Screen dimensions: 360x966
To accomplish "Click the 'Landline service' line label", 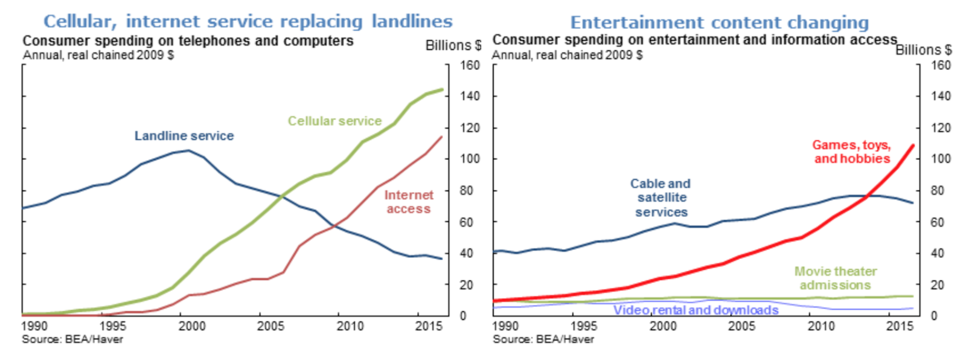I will [x=184, y=136].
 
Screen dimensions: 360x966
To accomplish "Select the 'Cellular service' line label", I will [x=334, y=121].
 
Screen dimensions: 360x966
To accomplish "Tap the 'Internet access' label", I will [x=409, y=202].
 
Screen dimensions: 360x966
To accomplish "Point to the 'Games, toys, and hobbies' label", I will [x=851, y=152].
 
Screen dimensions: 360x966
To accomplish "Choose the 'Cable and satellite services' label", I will [x=661, y=198].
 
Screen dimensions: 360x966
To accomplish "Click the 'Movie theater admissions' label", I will [x=835, y=278].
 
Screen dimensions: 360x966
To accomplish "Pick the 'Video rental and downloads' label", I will [x=696, y=310].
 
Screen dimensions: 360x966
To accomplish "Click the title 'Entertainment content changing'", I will [x=719, y=22].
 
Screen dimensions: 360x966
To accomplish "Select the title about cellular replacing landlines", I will [x=248, y=21].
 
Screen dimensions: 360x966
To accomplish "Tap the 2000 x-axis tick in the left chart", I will [x=192, y=326].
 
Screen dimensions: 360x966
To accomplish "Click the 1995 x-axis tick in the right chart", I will [x=584, y=326].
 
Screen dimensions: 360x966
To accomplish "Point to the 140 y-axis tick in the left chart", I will [x=470, y=96].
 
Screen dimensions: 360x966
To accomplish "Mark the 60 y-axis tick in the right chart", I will [x=937, y=222].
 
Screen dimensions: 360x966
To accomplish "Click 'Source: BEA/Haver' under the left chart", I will [x=72, y=339].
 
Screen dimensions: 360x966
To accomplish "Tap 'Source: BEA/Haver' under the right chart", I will [x=543, y=339].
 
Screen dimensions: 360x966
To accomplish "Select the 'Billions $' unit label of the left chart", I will [x=453, y=45].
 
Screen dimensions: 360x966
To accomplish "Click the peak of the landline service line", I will [x=188, y=150].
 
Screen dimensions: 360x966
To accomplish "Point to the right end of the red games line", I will [x=912, y=146].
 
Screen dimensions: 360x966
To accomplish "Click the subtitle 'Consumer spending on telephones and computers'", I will [x=188, y=41].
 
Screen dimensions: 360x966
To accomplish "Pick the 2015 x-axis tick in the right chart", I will [x=900, y=326].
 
